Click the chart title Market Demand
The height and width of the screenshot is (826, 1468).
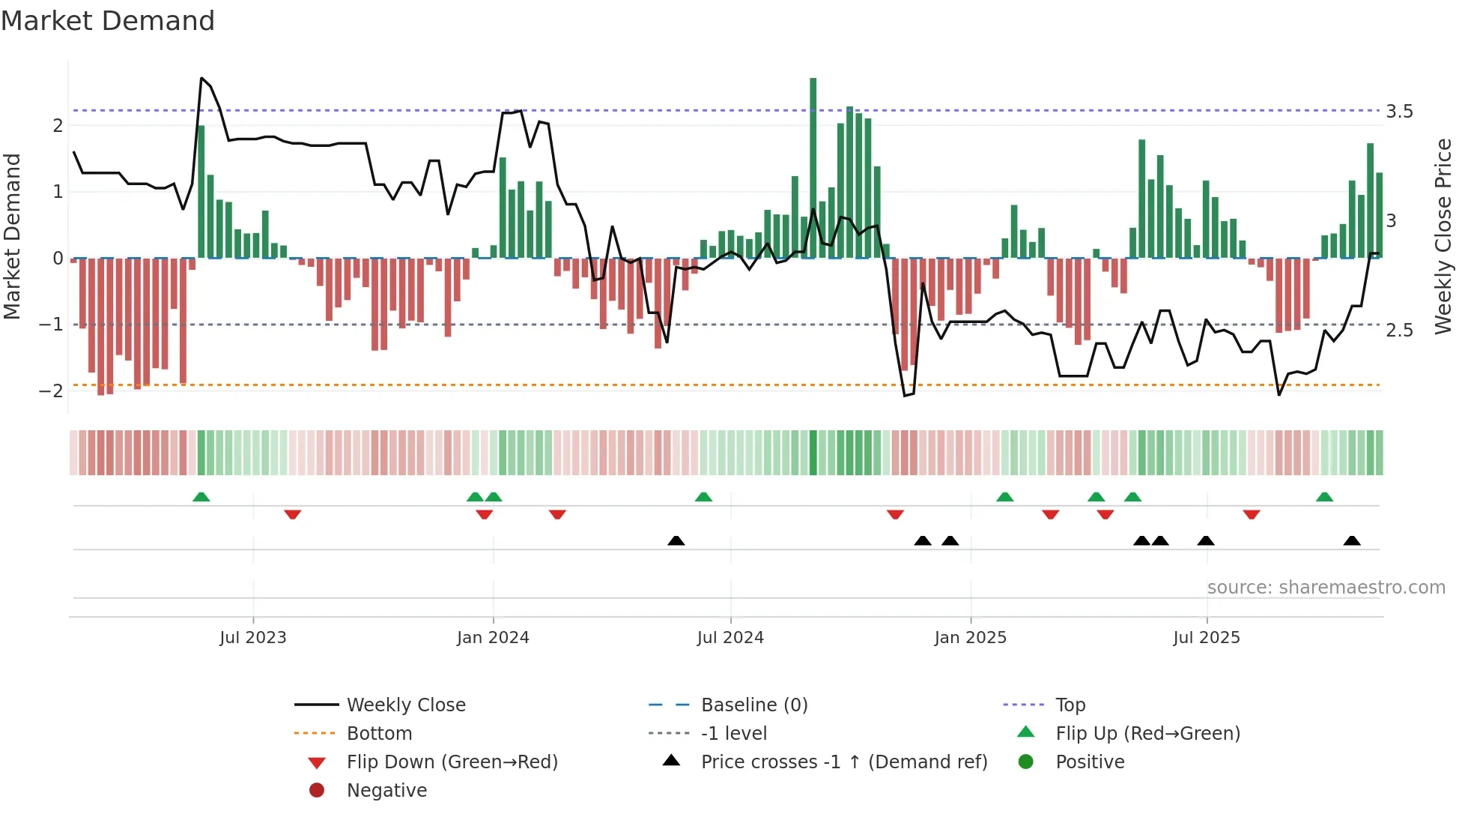(x=107, y=20)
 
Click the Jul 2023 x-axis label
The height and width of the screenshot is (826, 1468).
(x=252, y=637)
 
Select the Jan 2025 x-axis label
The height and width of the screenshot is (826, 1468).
(x=970, y=637)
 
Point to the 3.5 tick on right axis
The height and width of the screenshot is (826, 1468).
(x=1398, y=112)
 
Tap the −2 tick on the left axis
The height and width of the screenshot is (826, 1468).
(x=51, y=391)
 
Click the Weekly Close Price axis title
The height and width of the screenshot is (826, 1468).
(x=1443, y=235)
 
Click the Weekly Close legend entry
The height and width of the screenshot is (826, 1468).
(x=405, y=705)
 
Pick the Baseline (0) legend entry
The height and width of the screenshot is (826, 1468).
(x=753, y=705)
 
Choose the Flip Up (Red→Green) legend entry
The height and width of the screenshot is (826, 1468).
(x=1147, y=733)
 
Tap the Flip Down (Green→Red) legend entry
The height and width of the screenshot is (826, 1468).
(x=452, y=762)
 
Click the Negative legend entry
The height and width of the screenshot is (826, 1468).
(x=386, y=790)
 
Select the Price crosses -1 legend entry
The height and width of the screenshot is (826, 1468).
(x=843, y=762)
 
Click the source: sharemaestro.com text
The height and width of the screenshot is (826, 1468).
(x=1326, y=587)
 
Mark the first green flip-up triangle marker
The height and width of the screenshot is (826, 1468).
(x=201, y=497)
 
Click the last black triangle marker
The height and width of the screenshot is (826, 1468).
(x=1351, y=540)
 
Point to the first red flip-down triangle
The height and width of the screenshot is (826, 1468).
(x=292, y=514)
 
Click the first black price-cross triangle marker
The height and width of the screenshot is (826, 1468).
(x=676, y=540)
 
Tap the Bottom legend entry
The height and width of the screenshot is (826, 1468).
(x=379, y=733)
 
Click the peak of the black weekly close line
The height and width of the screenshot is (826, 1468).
(x=201, y=78)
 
